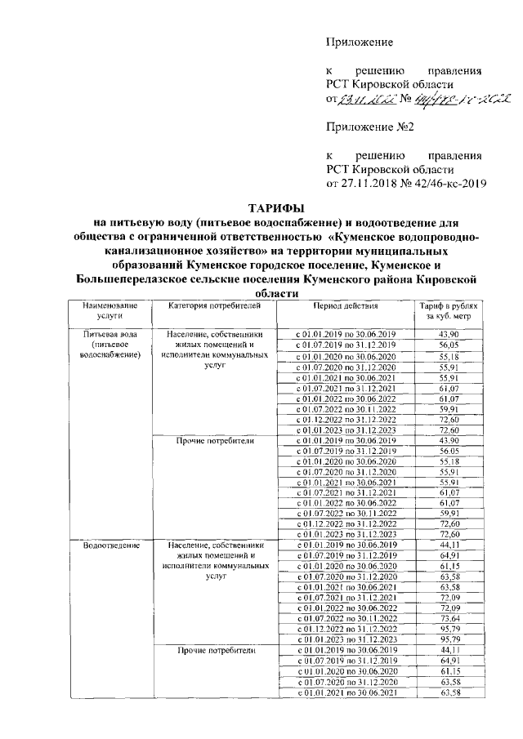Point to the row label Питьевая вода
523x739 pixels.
[108, 335]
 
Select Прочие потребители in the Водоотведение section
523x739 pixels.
[214, 651]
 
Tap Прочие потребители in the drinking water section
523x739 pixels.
[214, 440]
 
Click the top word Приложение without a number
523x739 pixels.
[360, 42]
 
